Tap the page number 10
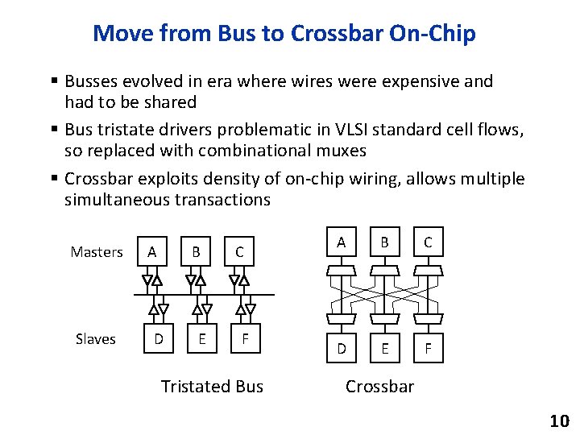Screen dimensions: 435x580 coord(559,420)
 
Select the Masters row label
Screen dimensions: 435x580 coord(97,252)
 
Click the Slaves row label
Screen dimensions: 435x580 coord(96,339)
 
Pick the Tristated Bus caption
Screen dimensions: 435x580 coord(212,387)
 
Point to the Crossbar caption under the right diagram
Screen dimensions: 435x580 coord(379,387)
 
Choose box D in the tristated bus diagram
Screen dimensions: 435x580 coord(159,339)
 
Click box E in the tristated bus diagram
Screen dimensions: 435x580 coord(201,339)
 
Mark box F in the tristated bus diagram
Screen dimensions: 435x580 coord(245,339)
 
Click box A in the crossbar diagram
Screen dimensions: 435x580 coord(342,242)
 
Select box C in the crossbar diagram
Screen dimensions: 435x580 coord(428,242)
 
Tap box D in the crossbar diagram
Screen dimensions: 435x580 coord(342,349)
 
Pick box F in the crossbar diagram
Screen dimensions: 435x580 coord(428,349)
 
